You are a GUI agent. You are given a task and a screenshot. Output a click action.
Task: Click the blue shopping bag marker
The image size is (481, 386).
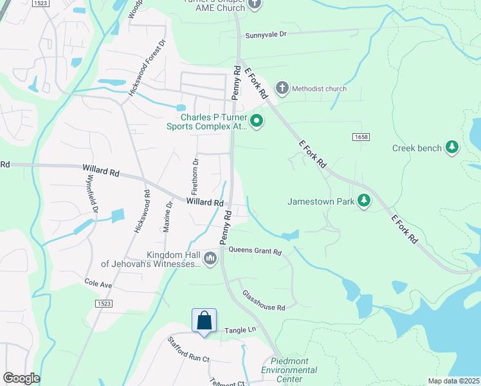click(x=204, y=320)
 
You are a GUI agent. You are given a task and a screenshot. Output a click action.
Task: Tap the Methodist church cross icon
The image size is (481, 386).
click(x=282, y=88)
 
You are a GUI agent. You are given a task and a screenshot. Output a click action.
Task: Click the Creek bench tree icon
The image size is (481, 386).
click(x=452, y=148)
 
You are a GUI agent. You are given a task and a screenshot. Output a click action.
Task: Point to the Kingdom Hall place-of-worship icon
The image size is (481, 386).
click(x=210, y=259)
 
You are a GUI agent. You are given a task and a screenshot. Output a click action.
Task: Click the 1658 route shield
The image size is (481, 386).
click(x=360, y=137)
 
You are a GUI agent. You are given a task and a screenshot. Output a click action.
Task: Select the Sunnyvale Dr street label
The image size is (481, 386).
click(x=266, y=35)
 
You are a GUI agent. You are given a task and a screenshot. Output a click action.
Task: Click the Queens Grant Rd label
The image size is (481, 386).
click(x=255, y=251)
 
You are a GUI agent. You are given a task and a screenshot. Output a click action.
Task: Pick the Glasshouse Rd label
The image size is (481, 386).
click(x=264, y=300)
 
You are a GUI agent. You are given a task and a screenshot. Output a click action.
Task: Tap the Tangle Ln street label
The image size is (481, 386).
click(x=240, y=330)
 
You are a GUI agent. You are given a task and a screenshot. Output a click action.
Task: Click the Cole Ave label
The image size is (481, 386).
click(x=98, y=283)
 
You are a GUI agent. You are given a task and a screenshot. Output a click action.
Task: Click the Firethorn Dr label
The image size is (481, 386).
click(x=195, y=176)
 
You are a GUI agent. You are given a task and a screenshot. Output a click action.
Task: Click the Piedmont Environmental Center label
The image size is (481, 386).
click(x=289, y=370)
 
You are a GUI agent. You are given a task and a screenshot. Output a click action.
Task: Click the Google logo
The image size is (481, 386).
click(x=21, y=378)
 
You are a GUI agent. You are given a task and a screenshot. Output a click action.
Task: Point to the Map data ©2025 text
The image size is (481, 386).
click(x=453, y=381)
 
